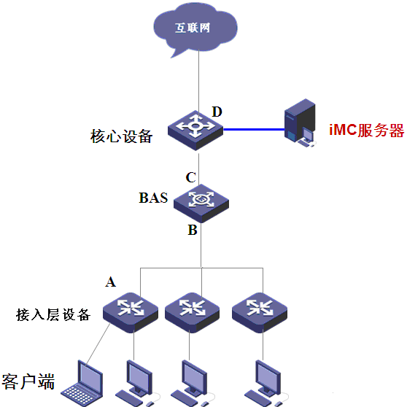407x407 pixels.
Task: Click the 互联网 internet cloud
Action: (x=195, y=28)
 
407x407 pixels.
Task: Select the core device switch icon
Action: (x=195, y=131)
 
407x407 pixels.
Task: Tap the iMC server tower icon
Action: (x=300, y=123)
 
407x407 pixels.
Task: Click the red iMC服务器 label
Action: (x=366, y=130)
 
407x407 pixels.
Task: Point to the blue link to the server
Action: (x=254, y=129)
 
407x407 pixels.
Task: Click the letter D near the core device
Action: (x=217, y=112)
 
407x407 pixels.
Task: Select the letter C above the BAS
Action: (x=191, y=177)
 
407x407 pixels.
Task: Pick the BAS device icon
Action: (x=201, y=204)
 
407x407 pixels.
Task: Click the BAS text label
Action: (x=153, y=198)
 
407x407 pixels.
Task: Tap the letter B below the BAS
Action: (x=193, y=230)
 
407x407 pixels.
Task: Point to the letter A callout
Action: (x=111, y=282)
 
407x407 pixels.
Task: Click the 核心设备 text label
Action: (x=121, y=136)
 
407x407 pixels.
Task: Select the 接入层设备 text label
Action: (x=53, y=314)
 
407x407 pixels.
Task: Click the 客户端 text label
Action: (x=28, y=381)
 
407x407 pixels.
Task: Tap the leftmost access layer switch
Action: (x=131, y=312)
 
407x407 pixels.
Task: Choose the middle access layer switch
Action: (x=192, y=312)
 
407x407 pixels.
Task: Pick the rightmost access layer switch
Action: (x=260, y=312)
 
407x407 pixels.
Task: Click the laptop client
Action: (x=82, y=384)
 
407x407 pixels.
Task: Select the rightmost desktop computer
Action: (x=266, y=384)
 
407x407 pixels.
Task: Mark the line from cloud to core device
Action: (x=199, y=83)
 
